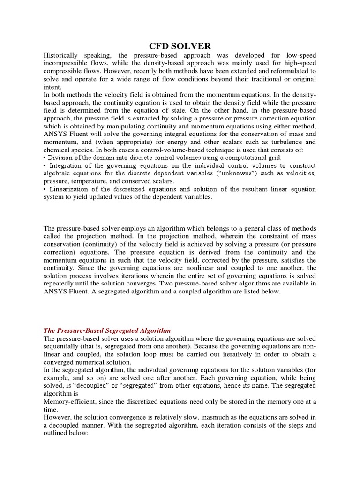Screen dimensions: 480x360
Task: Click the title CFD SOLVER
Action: [180, 45]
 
